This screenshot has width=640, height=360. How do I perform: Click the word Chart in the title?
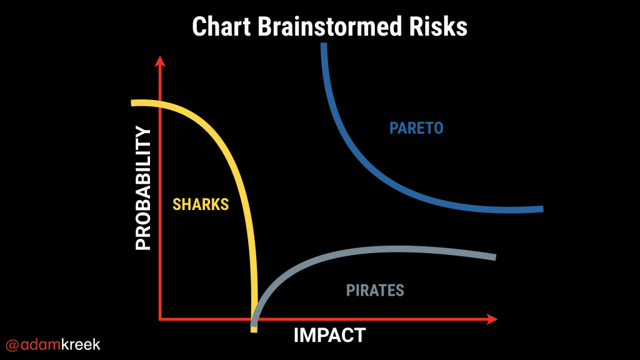221,26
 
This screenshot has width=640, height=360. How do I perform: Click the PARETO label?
416,128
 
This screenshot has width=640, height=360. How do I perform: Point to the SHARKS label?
201,204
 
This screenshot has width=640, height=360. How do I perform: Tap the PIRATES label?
375,291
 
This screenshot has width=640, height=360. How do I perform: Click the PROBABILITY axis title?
143,187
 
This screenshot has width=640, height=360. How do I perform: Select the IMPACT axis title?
330,336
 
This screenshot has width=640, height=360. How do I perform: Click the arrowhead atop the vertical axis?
160,61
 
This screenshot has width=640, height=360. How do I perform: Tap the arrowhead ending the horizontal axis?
492,319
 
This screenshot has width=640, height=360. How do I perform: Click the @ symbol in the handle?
12,345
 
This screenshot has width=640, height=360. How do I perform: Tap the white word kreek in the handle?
81,344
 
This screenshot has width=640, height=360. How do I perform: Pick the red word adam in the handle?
41,344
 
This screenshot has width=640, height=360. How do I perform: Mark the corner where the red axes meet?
160,319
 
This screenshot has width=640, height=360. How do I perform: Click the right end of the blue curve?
543,209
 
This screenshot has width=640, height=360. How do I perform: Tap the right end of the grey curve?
496,257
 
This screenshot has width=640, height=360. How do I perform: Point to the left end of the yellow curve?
131,103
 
